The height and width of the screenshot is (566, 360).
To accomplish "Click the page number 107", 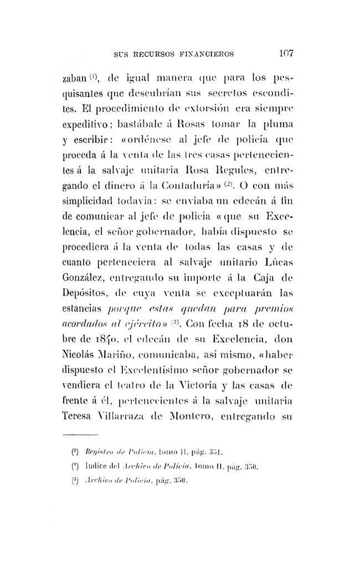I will pyautogui.click(x=286, y=54).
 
